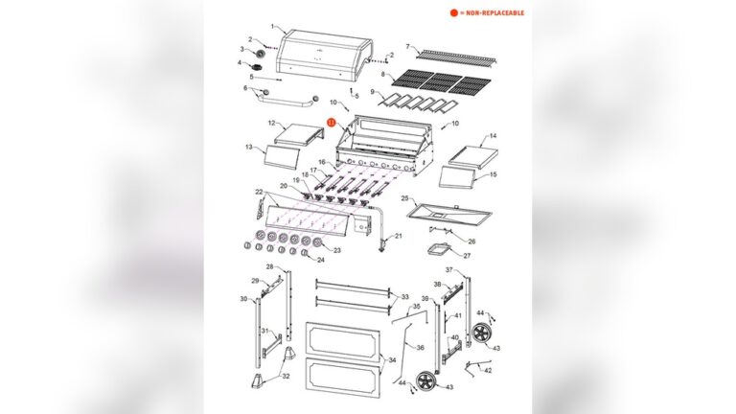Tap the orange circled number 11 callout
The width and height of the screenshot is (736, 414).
(x=332, y=123)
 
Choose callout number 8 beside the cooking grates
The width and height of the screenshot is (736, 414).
(x=384, y=74)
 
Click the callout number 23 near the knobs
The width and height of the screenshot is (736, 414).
(x=337, y=250)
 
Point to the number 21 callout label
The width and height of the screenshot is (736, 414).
(x=400, y=236)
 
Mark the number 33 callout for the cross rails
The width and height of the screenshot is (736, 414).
(x=404, y=296)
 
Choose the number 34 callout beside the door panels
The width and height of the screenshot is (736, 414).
(x=392, y=360)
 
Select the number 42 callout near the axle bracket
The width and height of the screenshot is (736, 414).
(x=489, y=370)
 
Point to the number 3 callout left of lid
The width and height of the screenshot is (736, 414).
(x=242, y=50)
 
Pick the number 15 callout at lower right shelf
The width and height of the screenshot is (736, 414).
(x=494, y=175)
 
